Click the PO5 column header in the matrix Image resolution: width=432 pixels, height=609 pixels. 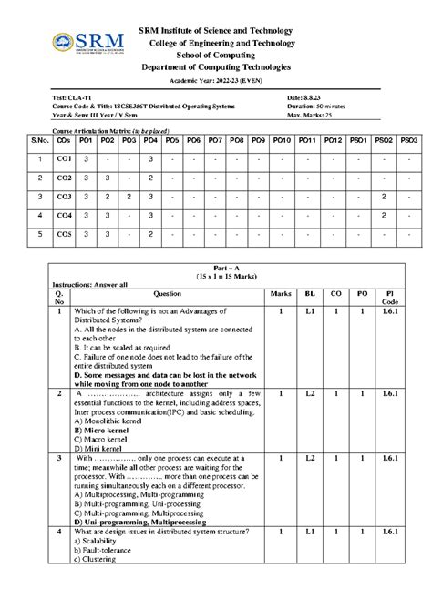click(x=171, y=140)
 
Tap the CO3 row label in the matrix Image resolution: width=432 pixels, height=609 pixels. click(x=63, y=196)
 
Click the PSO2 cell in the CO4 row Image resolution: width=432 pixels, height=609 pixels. click(x=385, y=215)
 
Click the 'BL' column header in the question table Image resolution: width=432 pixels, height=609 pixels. click(x=310, y=294)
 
